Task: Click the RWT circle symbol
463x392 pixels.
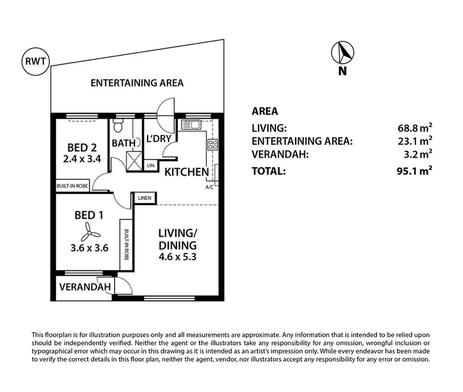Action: pyautogui.click(x=34, y=61)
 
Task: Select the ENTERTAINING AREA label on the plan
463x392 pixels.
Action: pyautogui.click(x=137, y=83)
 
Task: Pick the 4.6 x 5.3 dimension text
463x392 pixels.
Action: pyautogui.click(x=177, y=257)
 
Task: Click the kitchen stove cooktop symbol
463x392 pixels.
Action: pyautogui.click(x=212, y=145)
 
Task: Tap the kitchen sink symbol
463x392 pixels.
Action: pyautogui.click(x=191, y=125)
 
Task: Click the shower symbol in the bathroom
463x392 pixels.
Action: pyautogui.click(x=132, y=161)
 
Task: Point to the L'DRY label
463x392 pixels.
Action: pyautogui.click(x=158, y=138)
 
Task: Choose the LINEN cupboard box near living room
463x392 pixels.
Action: pyautogui.click(x=145, y=198)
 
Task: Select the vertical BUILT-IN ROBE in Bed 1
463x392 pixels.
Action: pyautogui.click(x=126, y=244)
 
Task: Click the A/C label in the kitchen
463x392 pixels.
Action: pyautogui.click(x=209, y=187)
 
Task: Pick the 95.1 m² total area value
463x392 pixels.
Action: pyautogui.click(x=415, y=171)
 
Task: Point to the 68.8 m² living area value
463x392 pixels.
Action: pyautogui.click(x=415, y=128)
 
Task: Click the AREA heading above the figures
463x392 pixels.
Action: pyautogui.click(x=265, y=112)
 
